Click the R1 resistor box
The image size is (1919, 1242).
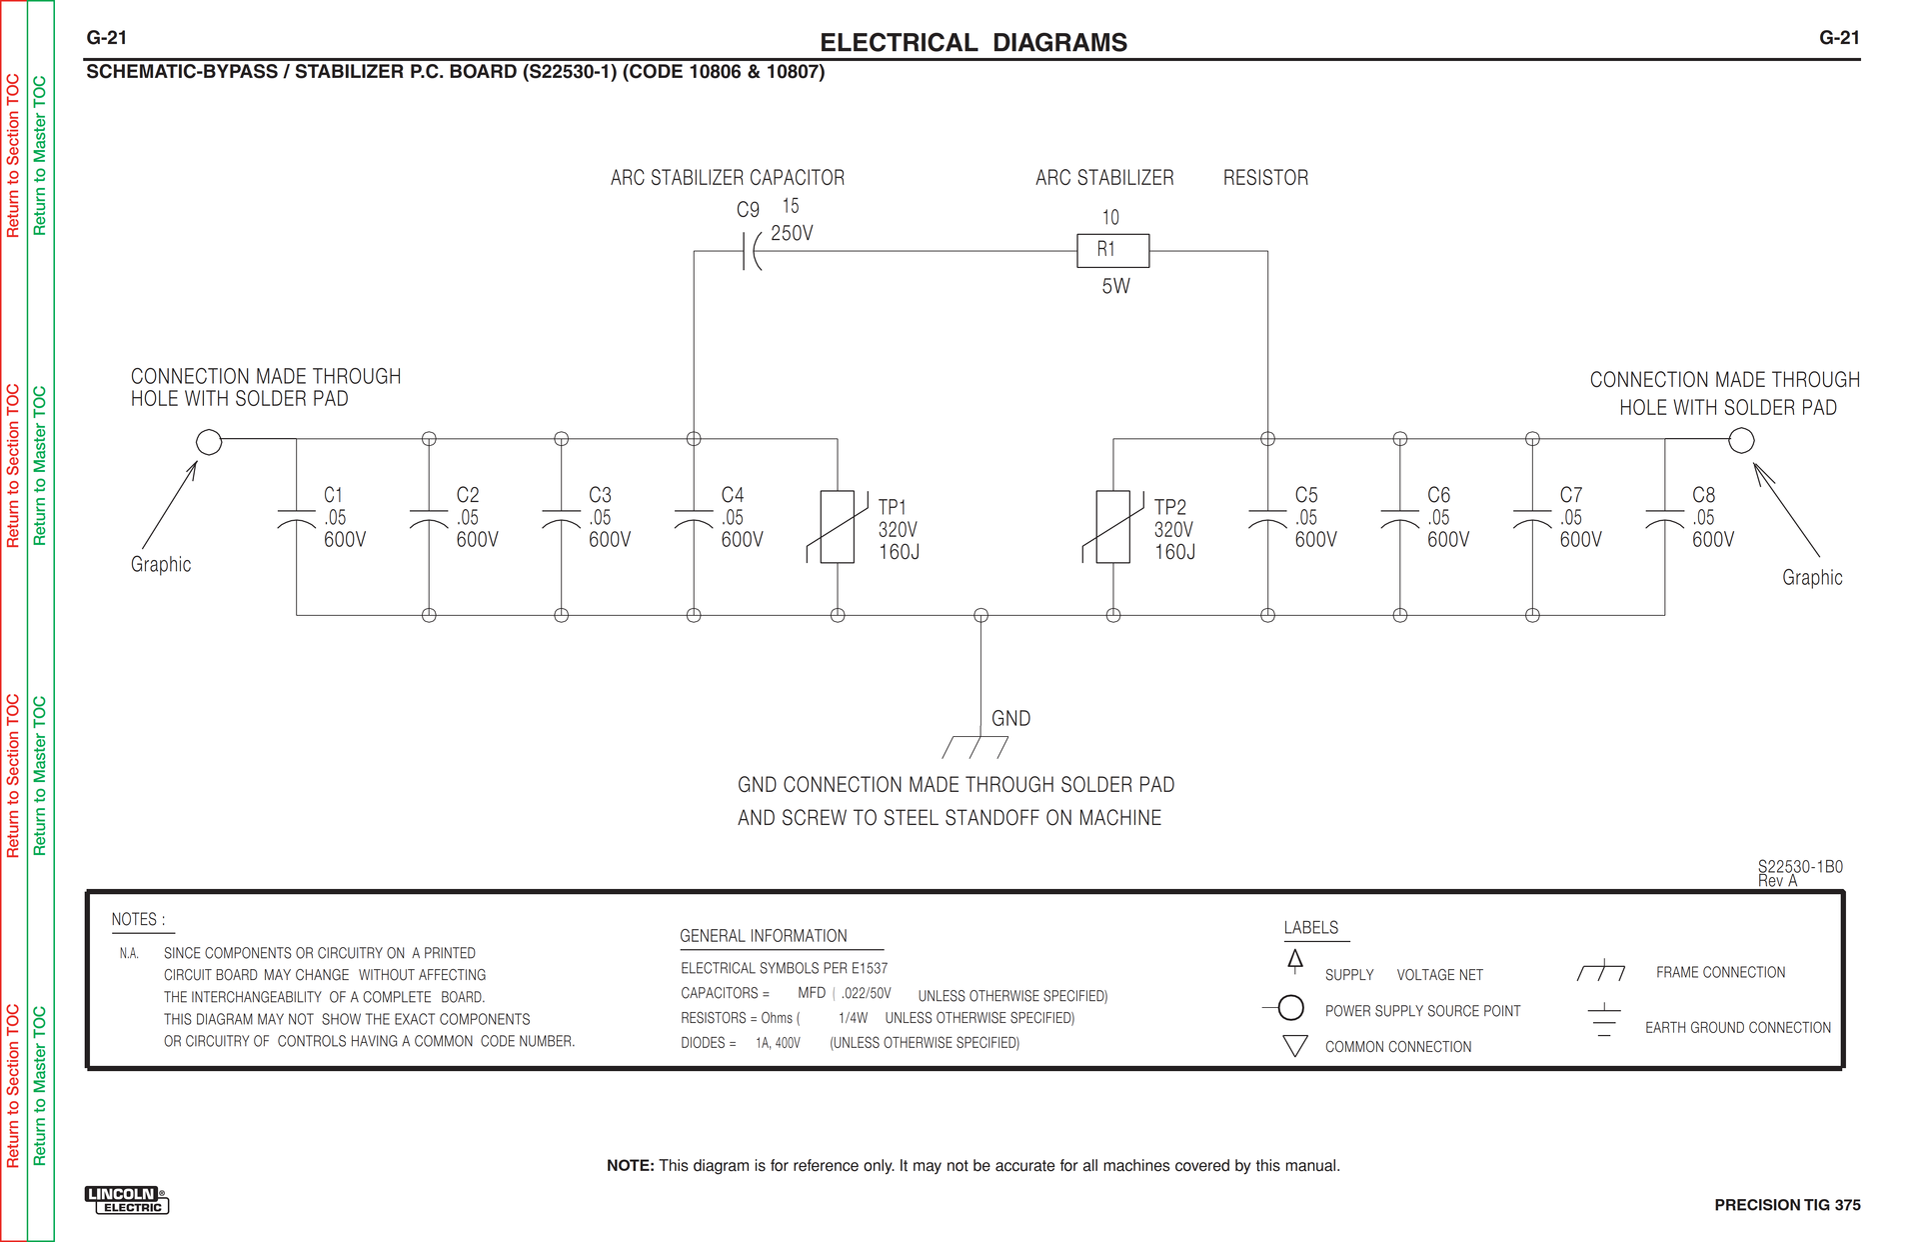(1112, 250)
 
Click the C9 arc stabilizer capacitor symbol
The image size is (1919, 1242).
(751, 251)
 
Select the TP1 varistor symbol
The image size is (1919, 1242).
(837, 527)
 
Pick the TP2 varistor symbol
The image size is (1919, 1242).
(1112, 527)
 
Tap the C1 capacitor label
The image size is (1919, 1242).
(333, 495)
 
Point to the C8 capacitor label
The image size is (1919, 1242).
(1703, 495)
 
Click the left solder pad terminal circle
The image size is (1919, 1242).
(209, 441)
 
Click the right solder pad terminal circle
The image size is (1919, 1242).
(1741, 440)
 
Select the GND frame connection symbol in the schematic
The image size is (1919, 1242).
(975, 746)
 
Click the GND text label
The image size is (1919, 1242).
(1010, 718)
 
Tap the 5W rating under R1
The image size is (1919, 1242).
(1115, 286)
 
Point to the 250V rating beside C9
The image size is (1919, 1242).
(792, 233)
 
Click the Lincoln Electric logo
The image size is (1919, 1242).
(127, 1200)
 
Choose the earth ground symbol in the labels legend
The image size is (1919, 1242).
(1603, 1020)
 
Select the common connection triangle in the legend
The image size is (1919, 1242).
(1295, 1046)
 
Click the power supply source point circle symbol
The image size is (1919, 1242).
(1290, 1008)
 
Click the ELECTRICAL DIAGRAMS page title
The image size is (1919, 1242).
(972, 42)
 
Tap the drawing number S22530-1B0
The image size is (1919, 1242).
(1800, 866)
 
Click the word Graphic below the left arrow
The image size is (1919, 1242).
(161, 564)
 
